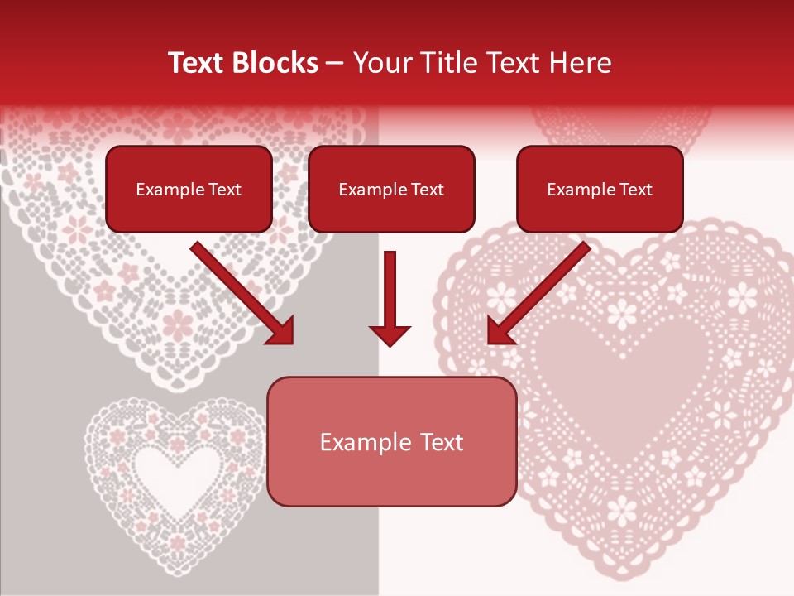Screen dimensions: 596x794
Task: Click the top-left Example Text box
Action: [189, 189]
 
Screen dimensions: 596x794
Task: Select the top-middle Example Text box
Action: [391, 189]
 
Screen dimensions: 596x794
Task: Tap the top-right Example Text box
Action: [600, 189]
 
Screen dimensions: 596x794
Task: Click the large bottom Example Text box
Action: [391, 441]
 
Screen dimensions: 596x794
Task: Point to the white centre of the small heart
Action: [170, 472]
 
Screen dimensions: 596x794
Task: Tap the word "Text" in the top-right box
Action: [634, 190]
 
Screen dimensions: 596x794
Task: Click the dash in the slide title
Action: [335, 63]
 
